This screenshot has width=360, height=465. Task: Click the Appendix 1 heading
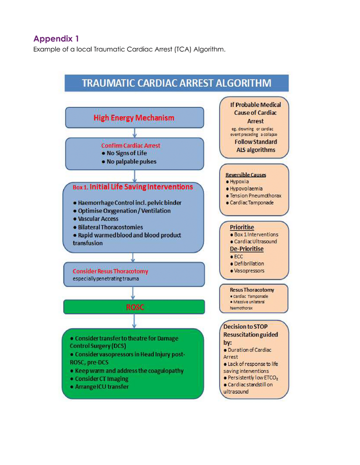pos(56,39)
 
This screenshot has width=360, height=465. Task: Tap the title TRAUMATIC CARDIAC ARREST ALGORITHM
pos(176,83)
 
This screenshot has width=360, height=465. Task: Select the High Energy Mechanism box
pos(134,118)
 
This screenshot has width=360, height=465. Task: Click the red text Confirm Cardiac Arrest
pos(130,146)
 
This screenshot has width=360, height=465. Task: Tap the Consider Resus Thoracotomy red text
pos(110,271)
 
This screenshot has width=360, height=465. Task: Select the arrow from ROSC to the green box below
pos(134,321)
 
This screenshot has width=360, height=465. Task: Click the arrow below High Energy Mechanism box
pos(134,133)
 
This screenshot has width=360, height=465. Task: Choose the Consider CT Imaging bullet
pos(99,379)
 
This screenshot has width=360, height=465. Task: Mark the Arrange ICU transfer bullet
pos(99,387)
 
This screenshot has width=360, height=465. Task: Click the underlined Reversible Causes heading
pos(245,175)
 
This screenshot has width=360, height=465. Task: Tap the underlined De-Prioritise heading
pos(246,249)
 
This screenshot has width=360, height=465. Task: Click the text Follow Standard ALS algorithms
pos(255,146)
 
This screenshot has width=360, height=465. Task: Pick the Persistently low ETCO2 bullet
pos(251,378)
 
